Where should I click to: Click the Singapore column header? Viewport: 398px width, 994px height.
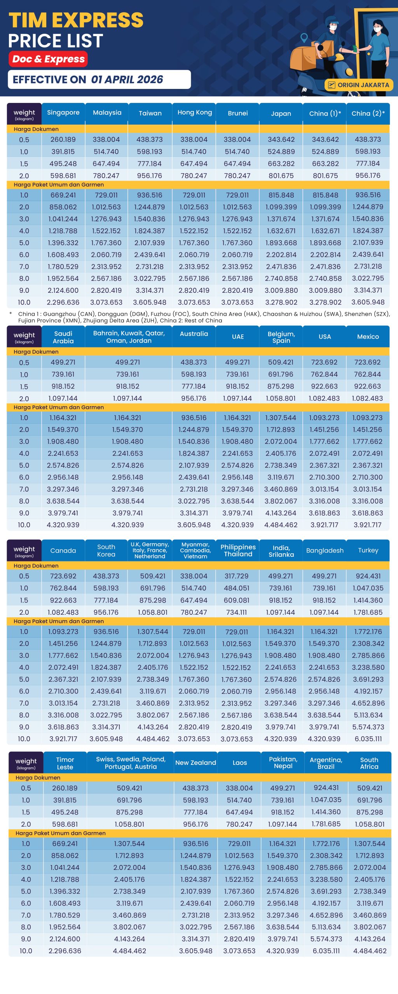tap(63, 113)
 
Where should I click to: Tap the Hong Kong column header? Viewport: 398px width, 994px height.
tap(194, 113)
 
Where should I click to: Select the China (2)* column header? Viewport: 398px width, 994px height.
tap(368, 113)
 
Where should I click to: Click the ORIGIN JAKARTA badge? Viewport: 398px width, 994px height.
tap(359, 85)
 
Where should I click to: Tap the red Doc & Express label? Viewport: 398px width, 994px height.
tap(48, 59)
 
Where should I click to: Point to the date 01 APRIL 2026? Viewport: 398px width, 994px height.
tap(127, 80)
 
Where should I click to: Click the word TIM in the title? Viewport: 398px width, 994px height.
tap(28, 21)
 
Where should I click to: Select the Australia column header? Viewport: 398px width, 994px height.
tap(194, 334)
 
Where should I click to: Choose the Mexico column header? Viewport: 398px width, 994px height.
tap(368, 337)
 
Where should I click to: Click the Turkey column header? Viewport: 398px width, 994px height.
tap(368, 550)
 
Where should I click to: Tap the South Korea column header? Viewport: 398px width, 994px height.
tap(106, 551)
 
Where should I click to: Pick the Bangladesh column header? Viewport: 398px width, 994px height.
tap(325, 551)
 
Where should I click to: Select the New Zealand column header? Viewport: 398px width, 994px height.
tap(196, 763)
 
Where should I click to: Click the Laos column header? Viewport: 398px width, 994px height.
tap(239, 763)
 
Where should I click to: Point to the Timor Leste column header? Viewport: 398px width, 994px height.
tap(65, 763)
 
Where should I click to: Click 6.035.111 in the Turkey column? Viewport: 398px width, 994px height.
tap(368, 739)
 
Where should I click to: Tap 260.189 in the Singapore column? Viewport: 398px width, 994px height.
tap(63, 139)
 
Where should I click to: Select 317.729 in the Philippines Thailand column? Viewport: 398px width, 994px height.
tap(236, 576)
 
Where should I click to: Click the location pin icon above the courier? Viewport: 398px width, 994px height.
tap(304, 38)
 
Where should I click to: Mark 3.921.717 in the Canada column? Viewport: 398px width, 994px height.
tap(63, 739)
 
